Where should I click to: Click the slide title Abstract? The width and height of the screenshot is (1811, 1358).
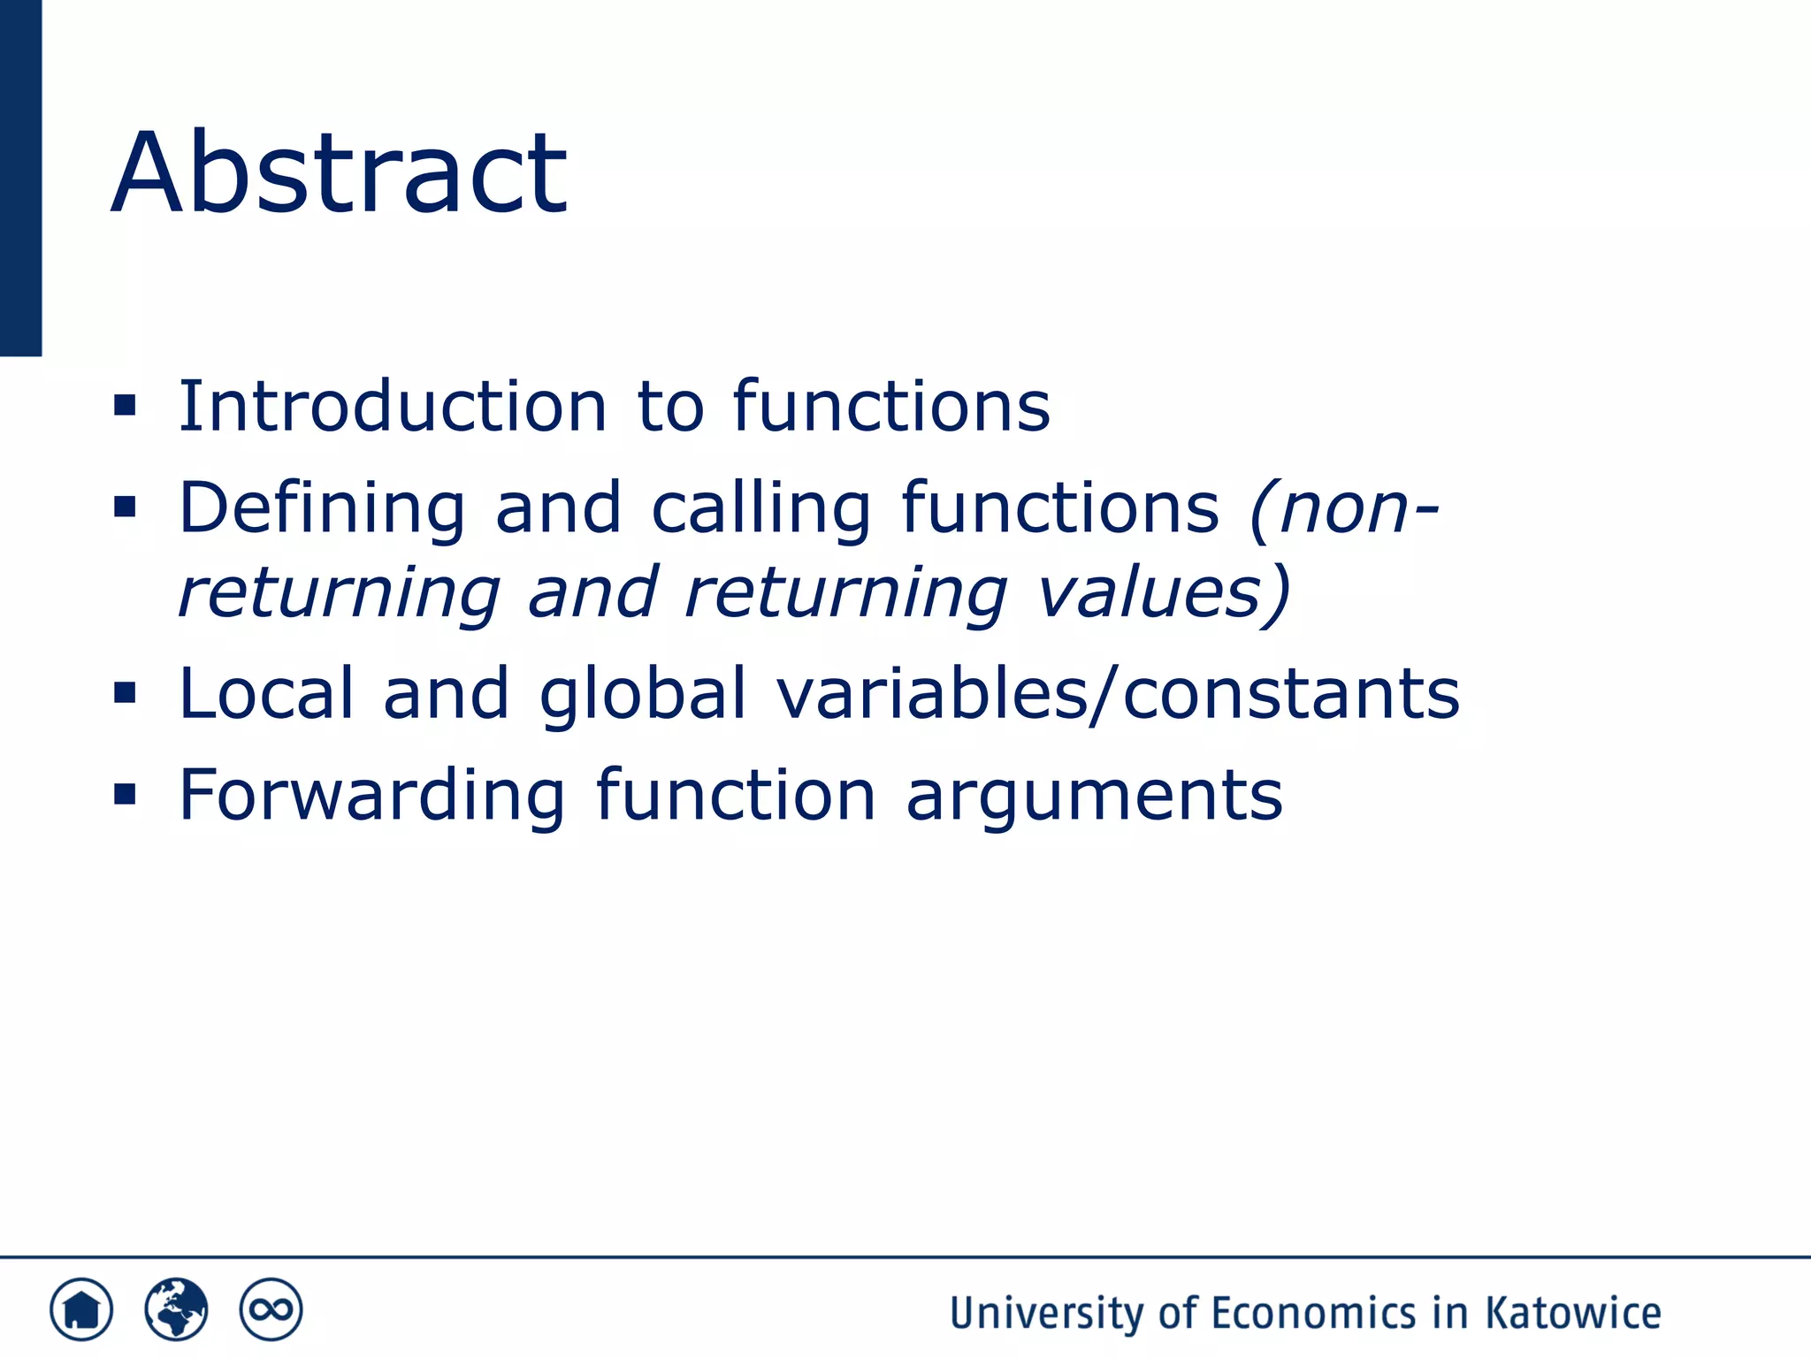[339, 172]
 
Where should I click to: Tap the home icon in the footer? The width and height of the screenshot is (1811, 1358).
[81, 1309]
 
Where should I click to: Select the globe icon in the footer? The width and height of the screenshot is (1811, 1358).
[176, 1309]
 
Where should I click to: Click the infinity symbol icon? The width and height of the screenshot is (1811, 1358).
[271, 1309]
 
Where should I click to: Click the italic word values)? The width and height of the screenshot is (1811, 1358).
[1164, 592]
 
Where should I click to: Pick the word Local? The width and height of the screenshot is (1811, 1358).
[266, 693]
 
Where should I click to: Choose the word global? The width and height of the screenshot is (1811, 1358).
[643, 695]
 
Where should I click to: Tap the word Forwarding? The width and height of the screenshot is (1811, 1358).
[371, 797]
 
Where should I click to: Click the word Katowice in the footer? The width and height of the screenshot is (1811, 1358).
[1573, 1313]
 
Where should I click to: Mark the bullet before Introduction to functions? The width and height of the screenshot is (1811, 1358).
[125, 406]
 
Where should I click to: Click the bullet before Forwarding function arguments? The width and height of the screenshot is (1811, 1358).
[125, 795]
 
